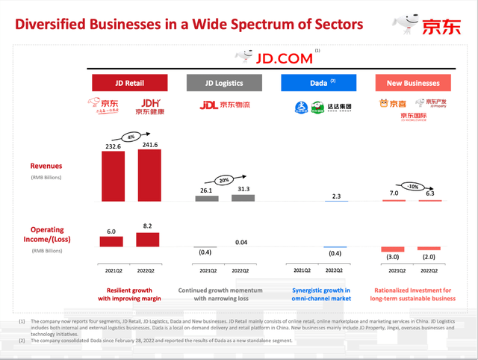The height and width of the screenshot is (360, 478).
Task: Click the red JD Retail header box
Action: (x=129, y=83)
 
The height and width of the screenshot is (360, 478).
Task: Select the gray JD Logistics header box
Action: (x=224, y=83)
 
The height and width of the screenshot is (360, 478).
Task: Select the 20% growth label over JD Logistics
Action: (x=223, y=180)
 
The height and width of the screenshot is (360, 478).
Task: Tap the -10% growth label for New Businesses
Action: (x=412, y=185)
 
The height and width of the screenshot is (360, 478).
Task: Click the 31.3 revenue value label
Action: (x=242, y=189)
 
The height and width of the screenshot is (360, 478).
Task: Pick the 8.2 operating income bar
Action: (x=147, y=239)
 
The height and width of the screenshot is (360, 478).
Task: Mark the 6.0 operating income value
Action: (x=111, y=232)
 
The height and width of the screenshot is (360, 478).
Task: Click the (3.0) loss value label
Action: (x=393, y=256)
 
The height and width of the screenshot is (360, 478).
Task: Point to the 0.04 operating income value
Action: (x=242, y=242)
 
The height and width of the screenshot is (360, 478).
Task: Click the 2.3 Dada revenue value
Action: (x=335, y=196)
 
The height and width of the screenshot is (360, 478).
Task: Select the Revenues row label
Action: (x=46, y=166)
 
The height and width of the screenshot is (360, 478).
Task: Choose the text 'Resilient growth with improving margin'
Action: (x=129, y=294)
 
